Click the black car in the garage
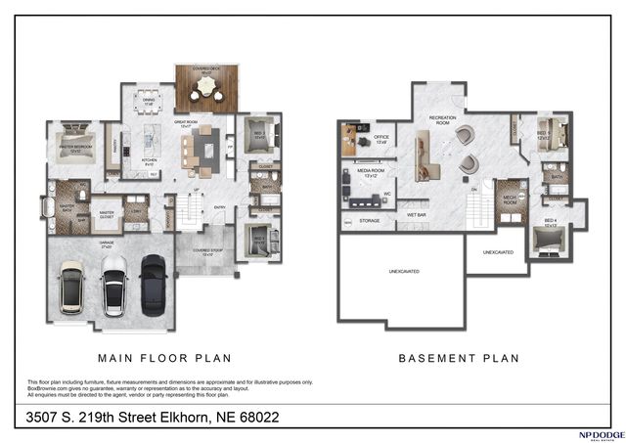pos(154,283)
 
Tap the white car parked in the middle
pos(114,288)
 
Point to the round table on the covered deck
pos(205,89)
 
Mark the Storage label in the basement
pos(369,221)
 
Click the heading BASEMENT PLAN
pos(458,358)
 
